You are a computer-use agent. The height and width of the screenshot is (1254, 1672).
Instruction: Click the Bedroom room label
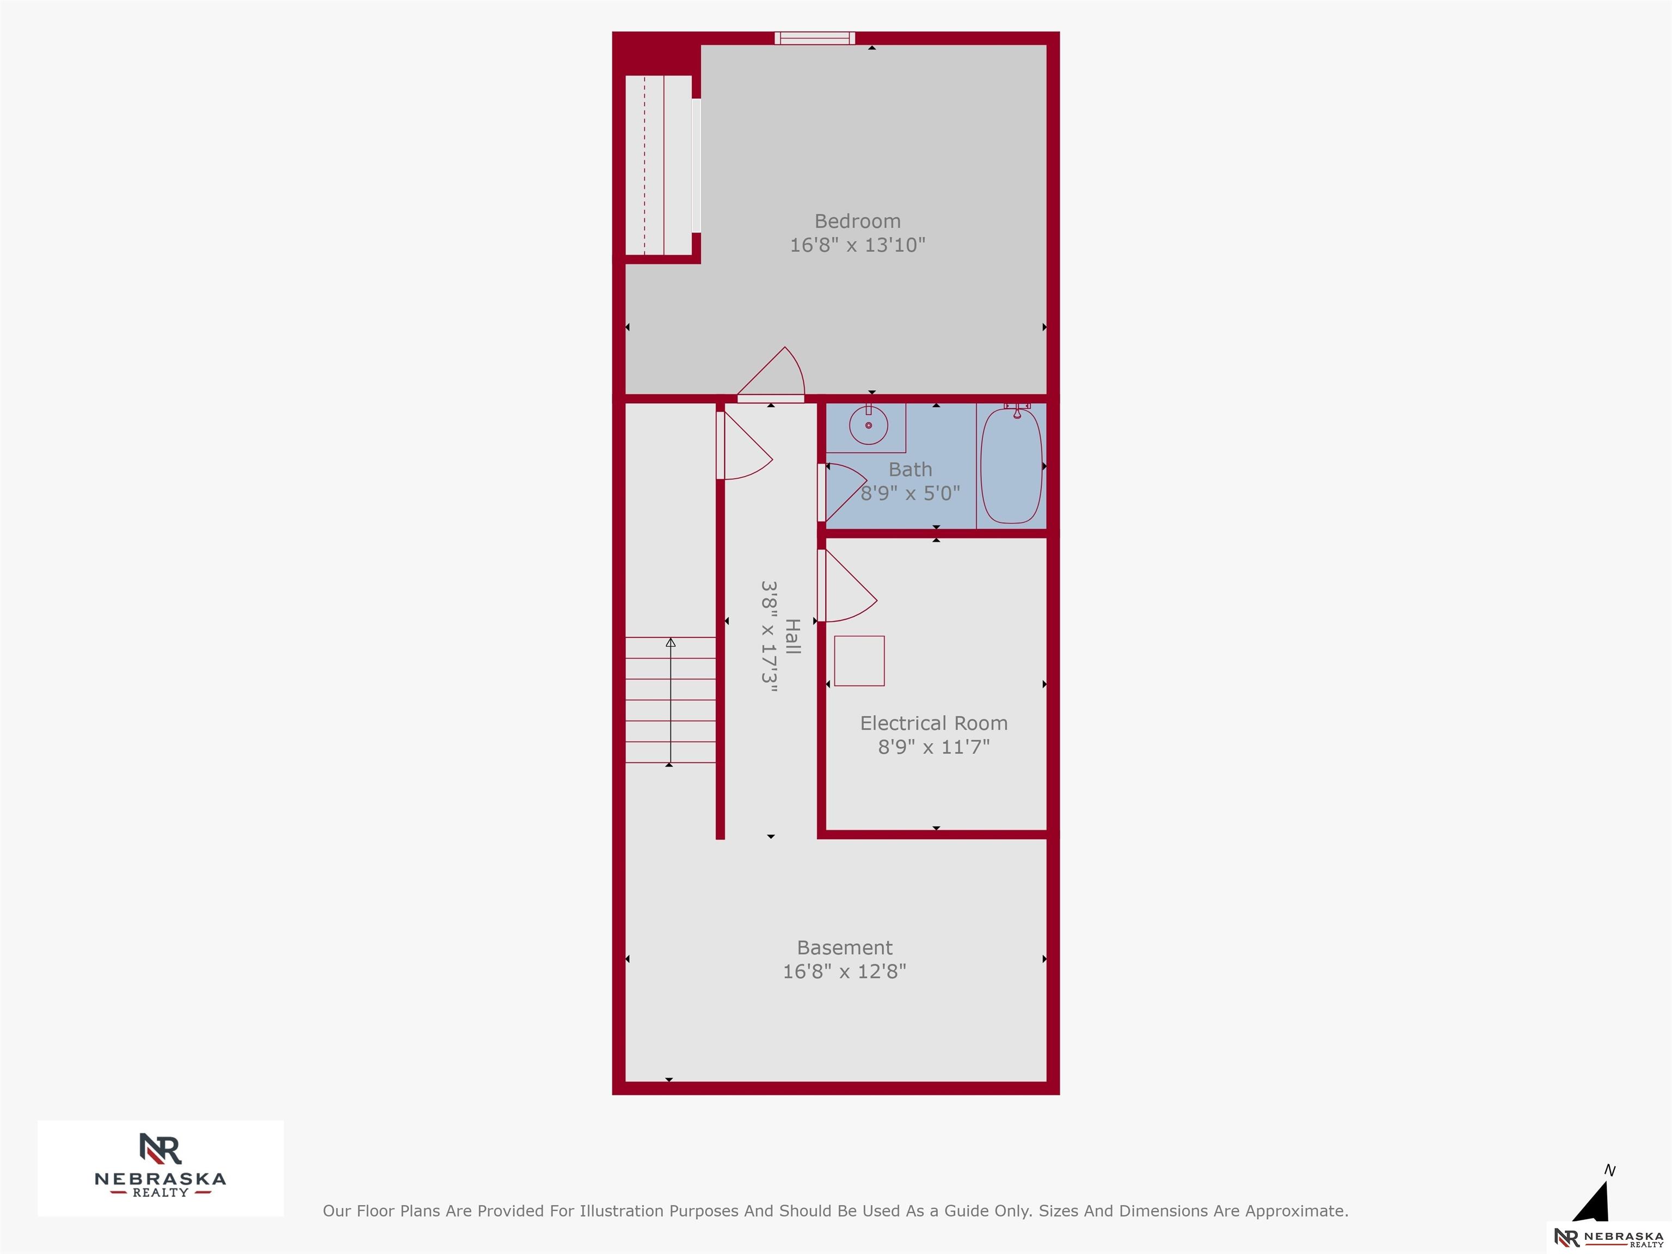857,222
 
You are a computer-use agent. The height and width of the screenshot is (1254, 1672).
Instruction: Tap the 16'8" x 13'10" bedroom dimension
857,245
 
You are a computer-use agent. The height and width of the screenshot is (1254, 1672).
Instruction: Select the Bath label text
910,469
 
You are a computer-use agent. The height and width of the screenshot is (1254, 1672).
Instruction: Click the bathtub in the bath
1011,465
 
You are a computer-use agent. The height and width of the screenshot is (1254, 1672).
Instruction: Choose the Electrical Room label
933,723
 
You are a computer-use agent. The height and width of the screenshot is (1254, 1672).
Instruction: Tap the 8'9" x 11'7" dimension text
933,747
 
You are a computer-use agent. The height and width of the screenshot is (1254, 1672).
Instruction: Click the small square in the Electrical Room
859,661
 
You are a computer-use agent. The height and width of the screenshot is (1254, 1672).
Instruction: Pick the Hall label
792,636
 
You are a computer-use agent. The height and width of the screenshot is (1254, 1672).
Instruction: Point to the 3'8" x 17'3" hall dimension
769,636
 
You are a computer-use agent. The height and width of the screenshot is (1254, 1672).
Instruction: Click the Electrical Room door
846,586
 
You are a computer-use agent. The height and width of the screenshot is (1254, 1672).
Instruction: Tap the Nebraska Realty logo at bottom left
160,1169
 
